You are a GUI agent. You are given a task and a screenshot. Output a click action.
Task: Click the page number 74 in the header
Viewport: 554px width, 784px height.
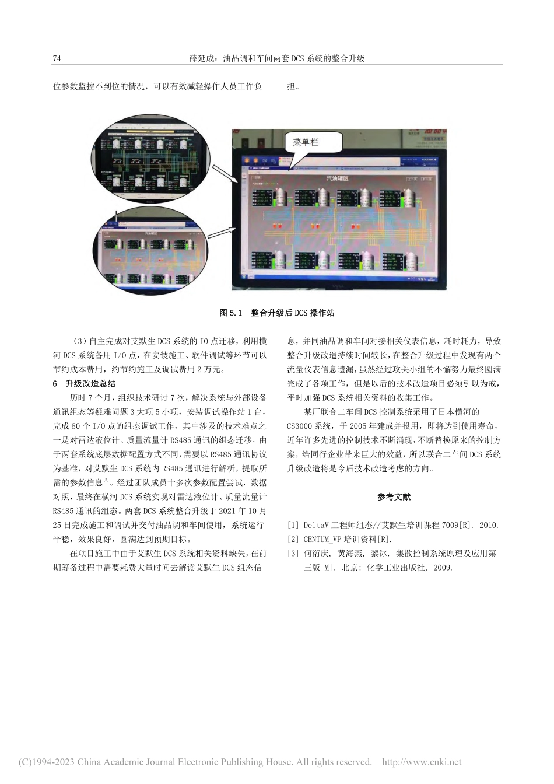tap(57, 58)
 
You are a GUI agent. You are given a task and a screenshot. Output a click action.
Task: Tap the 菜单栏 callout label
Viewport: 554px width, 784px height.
tap(306, 142)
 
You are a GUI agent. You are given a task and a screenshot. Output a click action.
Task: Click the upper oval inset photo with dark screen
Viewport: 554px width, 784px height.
tap(151, 157)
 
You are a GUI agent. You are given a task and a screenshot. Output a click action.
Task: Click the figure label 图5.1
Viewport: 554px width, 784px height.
tap(230, 313)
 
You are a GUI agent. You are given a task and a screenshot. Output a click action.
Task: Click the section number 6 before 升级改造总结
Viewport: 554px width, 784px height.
tap(55, 383)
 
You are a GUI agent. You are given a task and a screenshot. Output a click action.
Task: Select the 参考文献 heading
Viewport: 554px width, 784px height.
tap(394, 496)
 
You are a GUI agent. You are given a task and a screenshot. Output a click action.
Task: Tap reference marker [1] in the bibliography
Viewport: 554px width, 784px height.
tap(293, 525)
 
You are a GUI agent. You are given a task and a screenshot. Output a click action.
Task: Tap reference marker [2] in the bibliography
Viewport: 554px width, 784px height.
tap(293, 539)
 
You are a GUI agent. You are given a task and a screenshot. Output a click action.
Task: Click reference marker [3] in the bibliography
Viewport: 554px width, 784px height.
tap(293, 553)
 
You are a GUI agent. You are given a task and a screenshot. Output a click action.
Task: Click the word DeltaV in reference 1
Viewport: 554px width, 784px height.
tap(316, 525)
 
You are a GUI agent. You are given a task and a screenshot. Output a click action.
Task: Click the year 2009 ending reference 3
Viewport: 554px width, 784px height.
tap(442, 567)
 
